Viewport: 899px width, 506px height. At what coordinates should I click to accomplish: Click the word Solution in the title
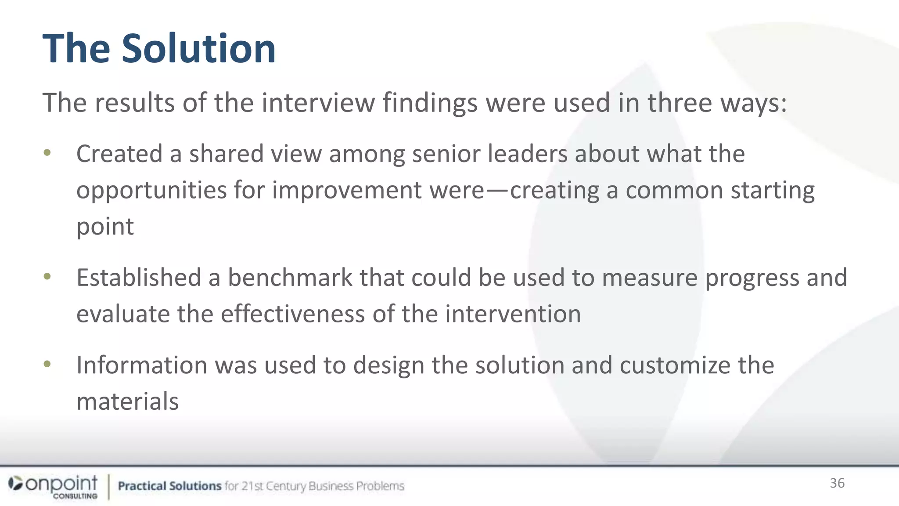pyautogui.click(x=198, y=48)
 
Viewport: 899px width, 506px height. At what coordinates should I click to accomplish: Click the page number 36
pyautogui.click(x=837, y=483)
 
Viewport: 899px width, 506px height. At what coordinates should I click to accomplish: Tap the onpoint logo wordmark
pyautogui.click(x=61, y=484)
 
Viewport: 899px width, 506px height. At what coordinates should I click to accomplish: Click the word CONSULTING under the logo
pyautogui.click(x=75, y=496)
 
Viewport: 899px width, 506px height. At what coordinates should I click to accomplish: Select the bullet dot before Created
pyautogui.click(x=47, y=153)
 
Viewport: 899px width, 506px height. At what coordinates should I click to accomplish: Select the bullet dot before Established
pyautogui.click(x=47, y=276)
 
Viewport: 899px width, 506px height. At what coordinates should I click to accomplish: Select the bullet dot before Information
pyautogui.click(x=47, y=364)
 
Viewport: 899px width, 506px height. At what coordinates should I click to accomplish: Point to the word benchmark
pyautogui.click(x=290, y=278)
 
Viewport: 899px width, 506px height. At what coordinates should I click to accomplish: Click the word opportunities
pyautogui.click(x=151, y=191)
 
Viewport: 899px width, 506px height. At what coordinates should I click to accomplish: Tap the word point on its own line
pyautogui.click(x=105, y=227)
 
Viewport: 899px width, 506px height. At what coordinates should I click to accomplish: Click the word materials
pyautogui.click(x=127, y=401)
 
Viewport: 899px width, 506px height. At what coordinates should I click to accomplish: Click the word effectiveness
pyautogui.click(x=292, y=314)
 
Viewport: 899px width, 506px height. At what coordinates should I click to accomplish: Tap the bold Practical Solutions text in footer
pyautogui.click(x=169, y=486)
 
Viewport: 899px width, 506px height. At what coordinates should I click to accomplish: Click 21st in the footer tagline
pyautogui.click(x=252, y=486)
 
